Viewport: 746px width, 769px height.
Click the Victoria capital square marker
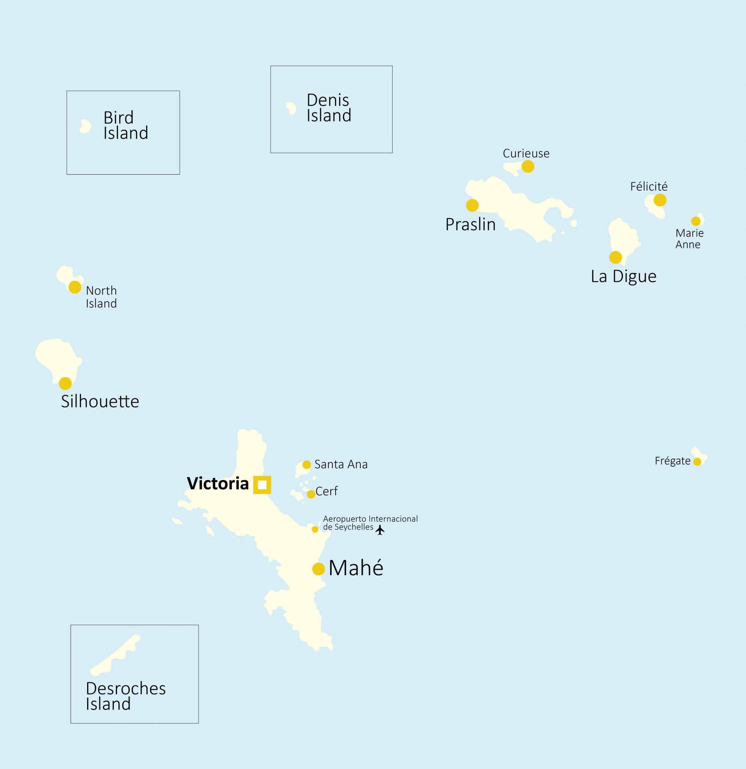pyautogui.click(x=262, y=485)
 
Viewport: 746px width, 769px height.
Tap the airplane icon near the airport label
pyautogui.click(x=380, y=530)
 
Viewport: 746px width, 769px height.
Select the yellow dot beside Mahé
pyautogui.click(x=318, y=569)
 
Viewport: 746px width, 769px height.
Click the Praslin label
pyautogui.click(x=471, y=224)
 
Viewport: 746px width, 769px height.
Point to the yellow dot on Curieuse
pyautogui.click(x=528, y=166)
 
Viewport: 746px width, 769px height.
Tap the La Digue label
pyautogui.click(x=623, y=276)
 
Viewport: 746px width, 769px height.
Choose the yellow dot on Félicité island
pyautogui.click(x=660, y=200)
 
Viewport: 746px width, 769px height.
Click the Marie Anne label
pyautogui.click(x=689, y=239)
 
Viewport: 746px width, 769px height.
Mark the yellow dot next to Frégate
pyautogui.click(x=697, y=461)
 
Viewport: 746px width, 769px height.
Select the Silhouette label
pyautogui.click(x=100, y=401)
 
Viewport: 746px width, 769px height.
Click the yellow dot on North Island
pyautogui.click(x=75, y=287)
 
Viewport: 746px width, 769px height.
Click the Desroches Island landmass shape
pyautogui.click(x=116, y=655)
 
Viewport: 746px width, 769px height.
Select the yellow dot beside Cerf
pyautogui.click(x=311, y=494)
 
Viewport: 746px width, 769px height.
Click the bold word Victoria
pyautogui.click(x=218, y=484)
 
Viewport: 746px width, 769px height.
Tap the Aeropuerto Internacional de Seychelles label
pyautogui.click(x=370, y=523)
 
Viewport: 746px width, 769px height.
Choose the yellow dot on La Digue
pyautogui.click(x=615, y=257)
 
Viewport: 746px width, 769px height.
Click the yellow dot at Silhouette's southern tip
pyautogui.click(x=65, y=383)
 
